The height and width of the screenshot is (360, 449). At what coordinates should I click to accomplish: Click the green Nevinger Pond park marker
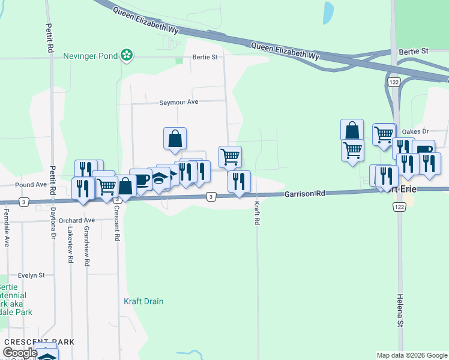[127, 56]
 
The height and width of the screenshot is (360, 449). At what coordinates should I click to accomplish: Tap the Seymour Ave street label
[178, 102]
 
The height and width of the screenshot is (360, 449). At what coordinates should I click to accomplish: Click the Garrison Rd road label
[304, 194]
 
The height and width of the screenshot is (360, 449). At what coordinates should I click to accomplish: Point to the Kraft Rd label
[256, 213]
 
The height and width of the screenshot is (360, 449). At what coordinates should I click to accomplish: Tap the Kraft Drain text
[143, 301]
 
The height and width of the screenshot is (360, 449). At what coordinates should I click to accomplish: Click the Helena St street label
[400, 310]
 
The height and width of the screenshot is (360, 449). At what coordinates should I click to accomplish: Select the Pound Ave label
[31, 185]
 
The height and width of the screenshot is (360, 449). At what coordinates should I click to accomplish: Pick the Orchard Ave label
[77, 220]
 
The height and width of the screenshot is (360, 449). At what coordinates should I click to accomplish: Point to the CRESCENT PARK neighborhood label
[39, 342]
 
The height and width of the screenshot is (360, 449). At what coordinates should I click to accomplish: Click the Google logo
[20, 353]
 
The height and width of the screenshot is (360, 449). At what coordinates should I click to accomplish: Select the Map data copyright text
[411, 355]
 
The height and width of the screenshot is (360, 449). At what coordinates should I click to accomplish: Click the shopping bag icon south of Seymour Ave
[175, 139]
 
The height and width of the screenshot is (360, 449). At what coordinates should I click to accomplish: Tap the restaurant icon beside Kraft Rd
[239, 180]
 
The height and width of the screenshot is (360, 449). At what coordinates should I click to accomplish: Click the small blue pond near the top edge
[328, 13]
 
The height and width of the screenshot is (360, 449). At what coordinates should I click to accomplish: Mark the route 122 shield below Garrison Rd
[399, 206]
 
